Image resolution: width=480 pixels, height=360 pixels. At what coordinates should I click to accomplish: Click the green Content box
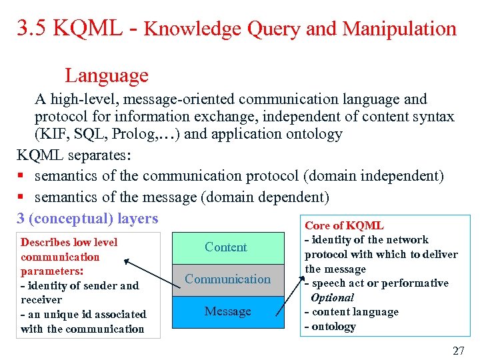point(225,247)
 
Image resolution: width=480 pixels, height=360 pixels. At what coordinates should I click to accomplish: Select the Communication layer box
point(227,279)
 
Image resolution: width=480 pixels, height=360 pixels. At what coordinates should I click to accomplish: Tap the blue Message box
point(227,311)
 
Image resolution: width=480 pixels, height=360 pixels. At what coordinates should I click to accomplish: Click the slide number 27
point(458,351)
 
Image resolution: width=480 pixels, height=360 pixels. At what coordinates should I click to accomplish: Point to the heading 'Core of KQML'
point(344,226)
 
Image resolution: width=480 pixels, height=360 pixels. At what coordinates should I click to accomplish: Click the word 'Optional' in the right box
point(332,298)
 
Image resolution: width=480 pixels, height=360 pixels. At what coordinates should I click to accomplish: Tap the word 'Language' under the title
point(107,75)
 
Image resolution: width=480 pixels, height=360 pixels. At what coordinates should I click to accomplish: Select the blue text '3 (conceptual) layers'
point(87,219)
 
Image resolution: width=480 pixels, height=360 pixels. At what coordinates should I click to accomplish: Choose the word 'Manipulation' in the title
point(399,29)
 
